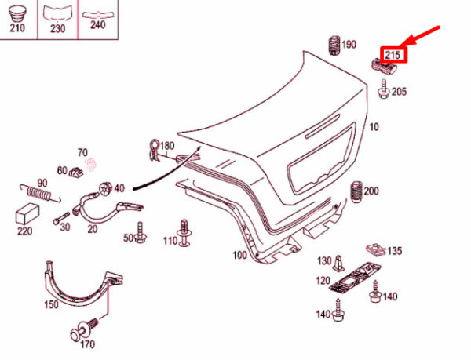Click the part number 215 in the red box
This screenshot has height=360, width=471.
point(393,55)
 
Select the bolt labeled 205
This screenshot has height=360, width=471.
point(384,89)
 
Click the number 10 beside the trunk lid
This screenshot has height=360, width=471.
point(374,127)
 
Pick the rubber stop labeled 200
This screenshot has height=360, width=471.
point(356,192)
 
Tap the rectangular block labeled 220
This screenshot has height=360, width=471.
point(27,214)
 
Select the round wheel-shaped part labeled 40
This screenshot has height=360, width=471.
point(105,188)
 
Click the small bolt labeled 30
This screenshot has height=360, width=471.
point(61,218)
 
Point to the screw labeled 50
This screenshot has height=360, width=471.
point(140,232)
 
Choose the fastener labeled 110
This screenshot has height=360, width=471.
point(184,233)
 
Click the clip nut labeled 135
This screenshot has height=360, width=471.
point(376,249)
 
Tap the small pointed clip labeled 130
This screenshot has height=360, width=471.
point(339,263)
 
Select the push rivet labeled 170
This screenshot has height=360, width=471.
point(84,329)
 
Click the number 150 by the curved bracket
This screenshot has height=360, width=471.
point(51,304)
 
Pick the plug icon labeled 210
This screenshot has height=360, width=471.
point(17,13)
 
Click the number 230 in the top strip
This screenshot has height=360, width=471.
point(57,28)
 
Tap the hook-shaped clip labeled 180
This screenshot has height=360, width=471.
point(155,149)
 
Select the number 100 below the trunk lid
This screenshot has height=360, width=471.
point(240,256)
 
